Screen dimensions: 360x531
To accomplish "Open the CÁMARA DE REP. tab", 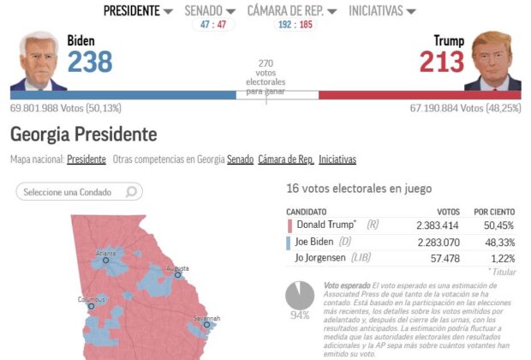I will tap(292, 11).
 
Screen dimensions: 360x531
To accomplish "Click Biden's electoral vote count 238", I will tap(90, 62).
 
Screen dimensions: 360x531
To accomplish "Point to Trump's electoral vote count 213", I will tap(441, 62).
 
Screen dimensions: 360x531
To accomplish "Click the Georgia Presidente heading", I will tap(84, 135).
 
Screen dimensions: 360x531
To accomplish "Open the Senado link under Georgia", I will tap(240, 159).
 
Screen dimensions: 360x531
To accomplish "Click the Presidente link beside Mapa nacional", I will tap(87, 159).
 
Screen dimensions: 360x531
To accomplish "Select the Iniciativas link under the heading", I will tap(337, 159).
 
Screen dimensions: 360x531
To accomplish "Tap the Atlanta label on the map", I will tap(106, 253).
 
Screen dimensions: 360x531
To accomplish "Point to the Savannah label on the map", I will tap(206, 318).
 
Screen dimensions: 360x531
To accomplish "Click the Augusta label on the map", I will tap(177, 267).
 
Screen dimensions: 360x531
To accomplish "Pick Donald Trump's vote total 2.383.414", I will tap(436, 225).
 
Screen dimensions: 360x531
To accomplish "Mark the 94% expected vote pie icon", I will tap(300, 296).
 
